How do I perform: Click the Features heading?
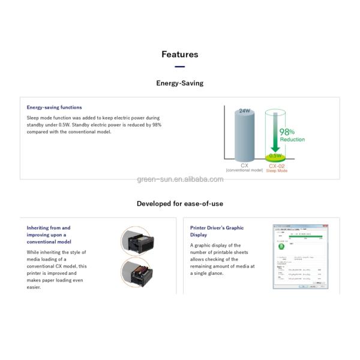click(179, 55)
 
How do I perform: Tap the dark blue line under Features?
click(179, 67)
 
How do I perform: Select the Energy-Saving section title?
click(179, 83)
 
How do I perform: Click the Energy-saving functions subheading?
click(54, 107)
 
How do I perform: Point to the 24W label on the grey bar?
click(244, 111)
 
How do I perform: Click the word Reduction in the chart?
click(292, 140)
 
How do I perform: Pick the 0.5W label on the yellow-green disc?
click(275, 155)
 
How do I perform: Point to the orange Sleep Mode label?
click(277, 171)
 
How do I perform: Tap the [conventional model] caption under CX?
click(244, 170)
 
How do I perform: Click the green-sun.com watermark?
click(180, 179)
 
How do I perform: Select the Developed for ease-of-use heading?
click(179, 203)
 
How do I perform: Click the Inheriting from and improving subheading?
click(49, 235)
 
